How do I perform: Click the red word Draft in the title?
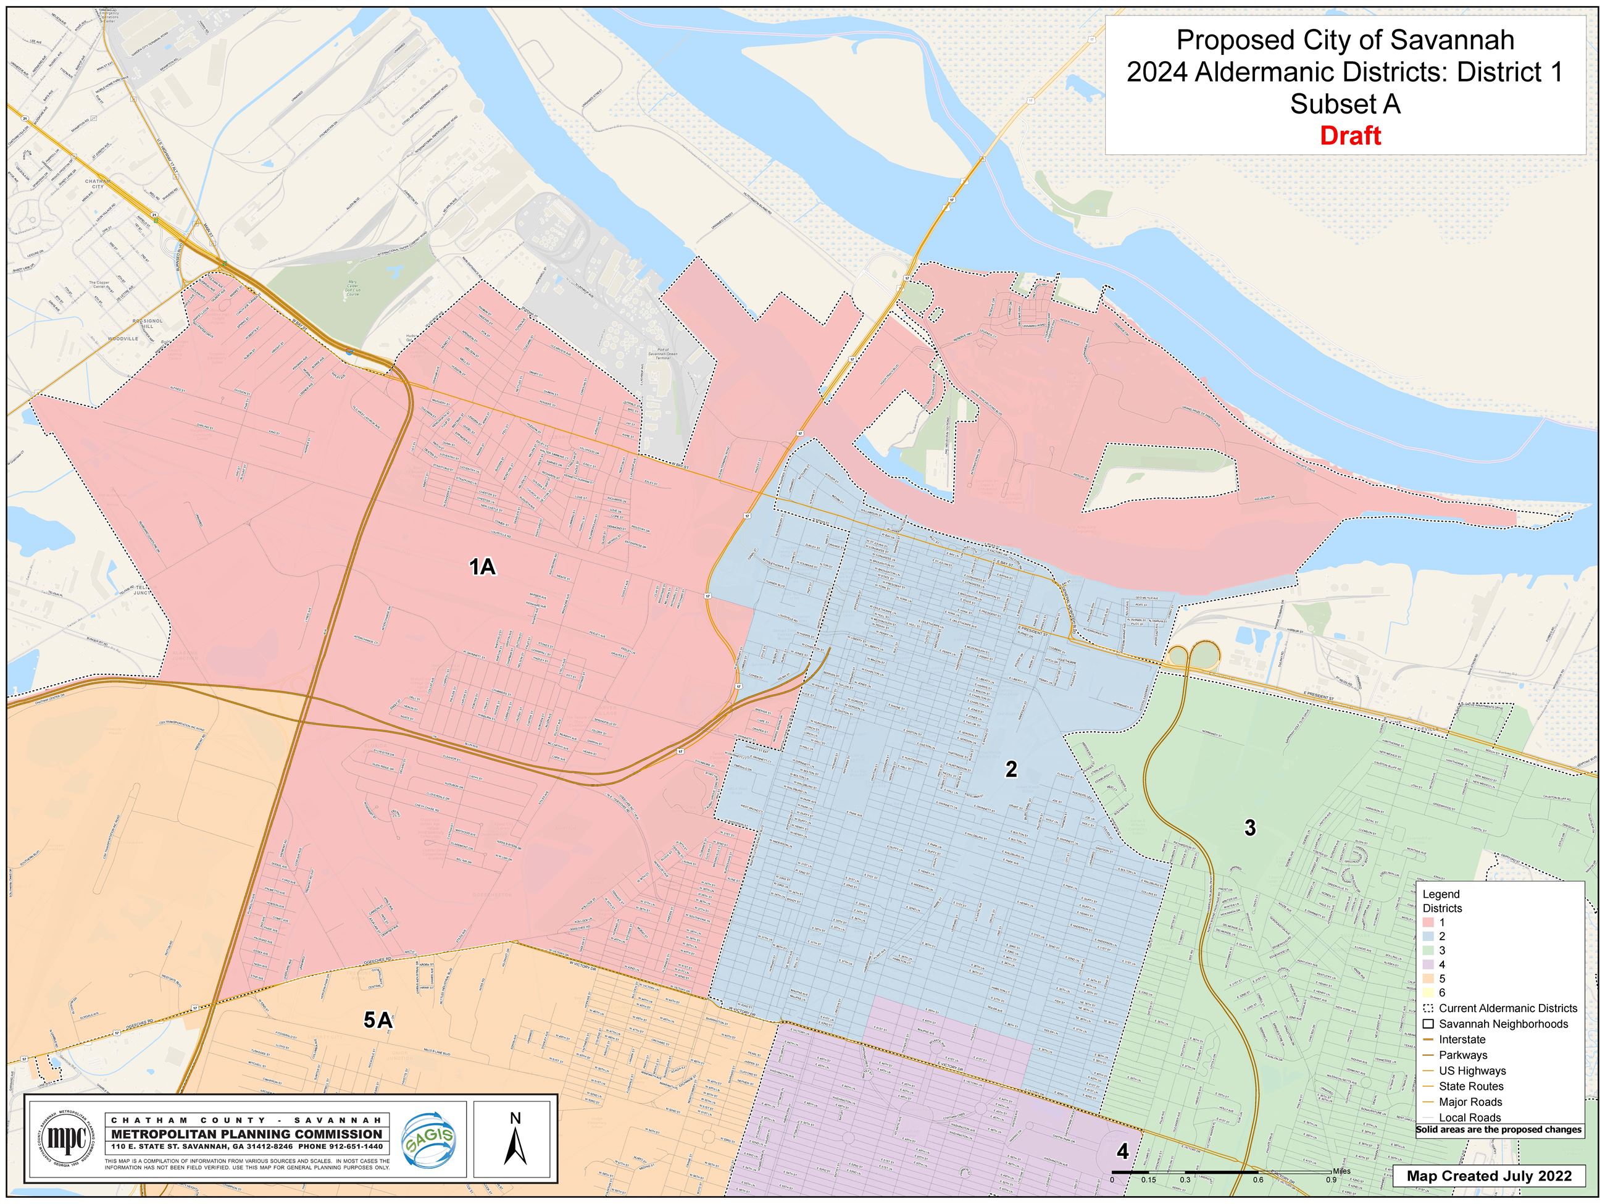pyautogui.click(x=1349, y=136)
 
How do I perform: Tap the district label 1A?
pyautogui.click(x=483, y=567)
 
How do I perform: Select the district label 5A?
pyautogui.click(x=378, y=1021)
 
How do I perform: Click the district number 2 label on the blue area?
pyautogui.click(x=1011, y=769)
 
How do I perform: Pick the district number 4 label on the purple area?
pyautogui.click(x=1122, y=1152)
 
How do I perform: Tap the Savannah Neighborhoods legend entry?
pyautogui.click(x=1503, y=1024)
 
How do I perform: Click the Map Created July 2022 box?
pyautogui.click(x=1489, y=1176)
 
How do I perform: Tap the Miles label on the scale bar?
pyautogui.click(x=1341, y=1171)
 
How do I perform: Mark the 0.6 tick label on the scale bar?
pyautogui.click(x=1257, y=1180)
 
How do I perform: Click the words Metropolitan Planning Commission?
pyautogui.click(x=247, y=1134)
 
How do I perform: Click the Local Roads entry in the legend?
pyautogui.click(x=1470, y=1118)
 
